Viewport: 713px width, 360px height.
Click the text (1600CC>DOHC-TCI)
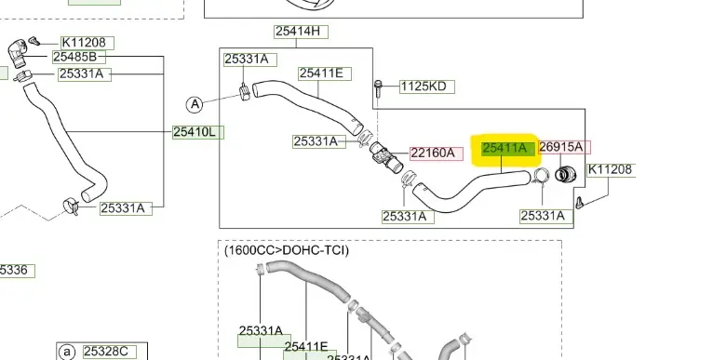[x=287, y=250]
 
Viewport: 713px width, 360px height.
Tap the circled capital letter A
[x=195, y=104]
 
